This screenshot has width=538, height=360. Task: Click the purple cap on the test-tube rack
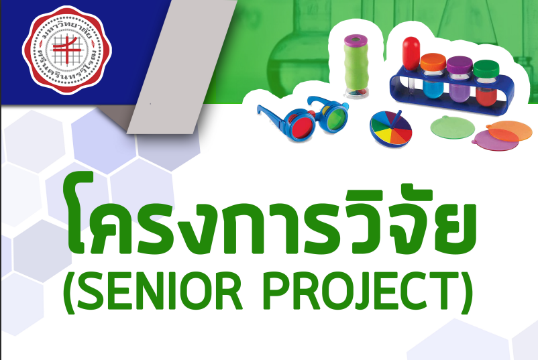pos(459,65)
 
